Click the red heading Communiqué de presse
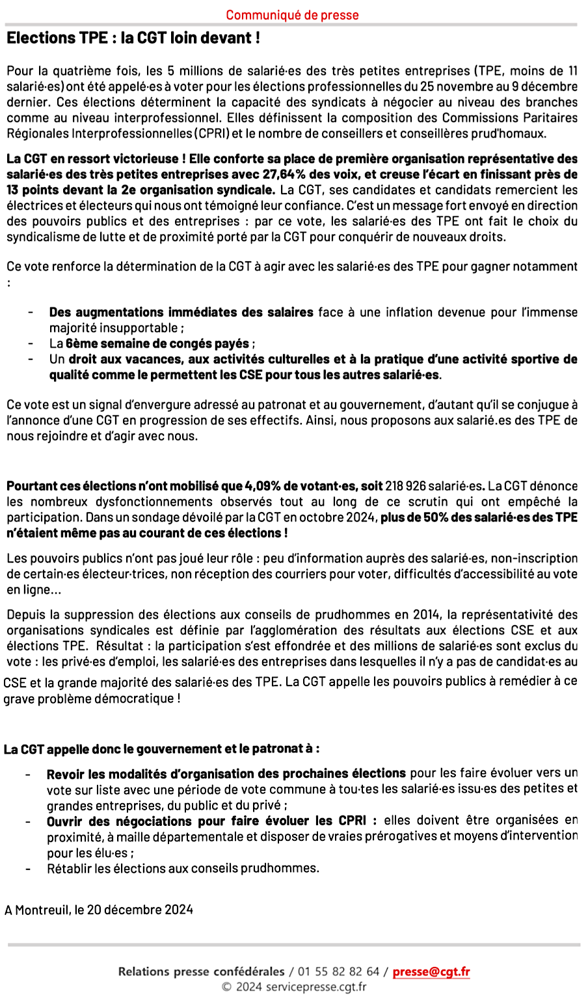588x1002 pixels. click(292, 15)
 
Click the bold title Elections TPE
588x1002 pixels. click(48, 38)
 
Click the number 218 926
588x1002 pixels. click(405, 486)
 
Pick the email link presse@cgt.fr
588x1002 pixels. click(431, 972)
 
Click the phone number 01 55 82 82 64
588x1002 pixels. click(338, 972)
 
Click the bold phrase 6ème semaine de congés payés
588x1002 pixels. click(157, 343)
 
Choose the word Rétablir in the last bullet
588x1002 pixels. click(68, 868)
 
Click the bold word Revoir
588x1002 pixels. click(66, 773)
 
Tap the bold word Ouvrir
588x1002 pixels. click(65, 821)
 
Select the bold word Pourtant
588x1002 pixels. click(32, 486)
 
